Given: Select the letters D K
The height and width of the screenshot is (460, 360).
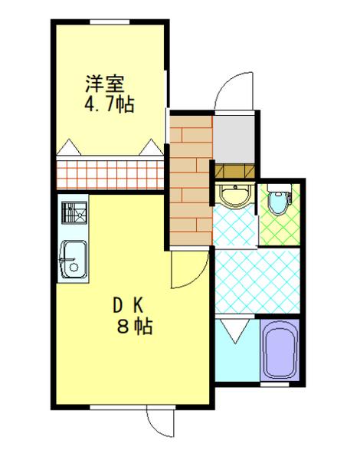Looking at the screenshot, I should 126,305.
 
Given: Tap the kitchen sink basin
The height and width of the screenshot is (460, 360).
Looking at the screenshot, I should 73,257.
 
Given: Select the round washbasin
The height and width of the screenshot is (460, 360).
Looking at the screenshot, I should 234,195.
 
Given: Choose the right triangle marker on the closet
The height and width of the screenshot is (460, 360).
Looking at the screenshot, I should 152,146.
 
